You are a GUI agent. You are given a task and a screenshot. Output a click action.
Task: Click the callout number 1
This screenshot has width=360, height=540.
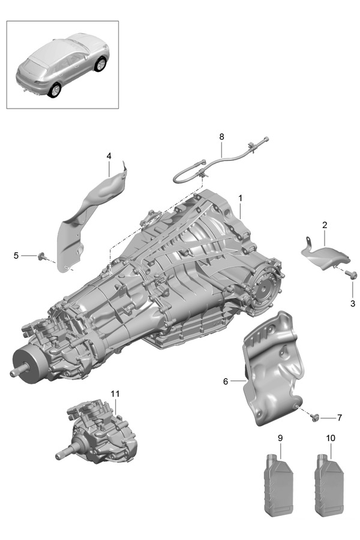click(240, 197)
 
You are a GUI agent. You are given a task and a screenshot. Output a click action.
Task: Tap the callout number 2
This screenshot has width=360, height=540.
click(324, 225)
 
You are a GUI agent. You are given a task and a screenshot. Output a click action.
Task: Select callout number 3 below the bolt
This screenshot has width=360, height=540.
click(353, 303)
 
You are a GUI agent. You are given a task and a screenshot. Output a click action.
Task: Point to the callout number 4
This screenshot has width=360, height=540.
click(109, 156)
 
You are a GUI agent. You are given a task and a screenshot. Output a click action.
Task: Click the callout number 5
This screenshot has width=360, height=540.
click(16, 256)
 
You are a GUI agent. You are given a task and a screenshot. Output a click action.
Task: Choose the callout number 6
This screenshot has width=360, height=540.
click(226, 381)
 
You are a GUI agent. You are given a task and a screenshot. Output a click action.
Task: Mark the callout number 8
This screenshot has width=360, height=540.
click(221, 137)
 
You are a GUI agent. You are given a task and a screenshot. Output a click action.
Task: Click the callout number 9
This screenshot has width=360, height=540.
click(280, 439)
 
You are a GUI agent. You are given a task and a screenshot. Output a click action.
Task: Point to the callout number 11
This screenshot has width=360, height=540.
click(115, 393)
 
